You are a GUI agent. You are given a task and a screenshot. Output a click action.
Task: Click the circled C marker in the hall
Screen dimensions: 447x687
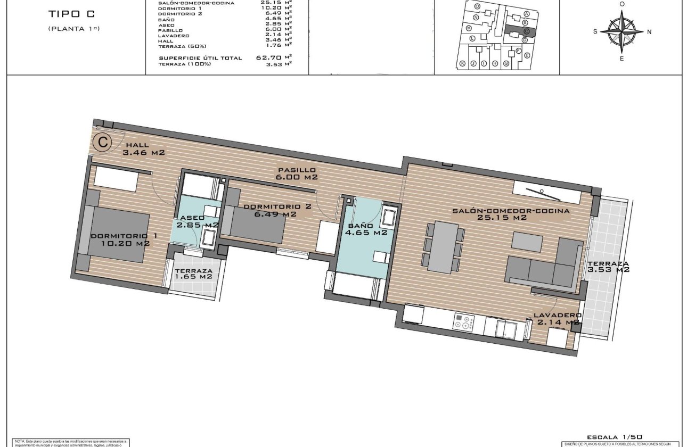coord(102,142)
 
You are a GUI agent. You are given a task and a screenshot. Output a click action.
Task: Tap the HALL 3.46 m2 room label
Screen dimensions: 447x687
coord(143,149)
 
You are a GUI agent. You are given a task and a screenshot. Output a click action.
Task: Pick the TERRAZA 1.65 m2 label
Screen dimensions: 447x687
coord(193,274)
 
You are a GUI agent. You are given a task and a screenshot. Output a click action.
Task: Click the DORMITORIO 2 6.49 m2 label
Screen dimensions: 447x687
coord(270,210)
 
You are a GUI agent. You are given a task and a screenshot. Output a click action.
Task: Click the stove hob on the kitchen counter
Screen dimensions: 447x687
coord(463,321)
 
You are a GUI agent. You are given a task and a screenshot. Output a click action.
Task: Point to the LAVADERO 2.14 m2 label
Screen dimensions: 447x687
coord(556,319)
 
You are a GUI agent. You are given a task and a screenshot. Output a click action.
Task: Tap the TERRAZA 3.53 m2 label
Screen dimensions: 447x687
coord(608,267)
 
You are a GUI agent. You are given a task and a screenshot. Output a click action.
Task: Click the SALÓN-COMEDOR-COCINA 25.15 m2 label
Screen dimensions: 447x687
coord(511,214)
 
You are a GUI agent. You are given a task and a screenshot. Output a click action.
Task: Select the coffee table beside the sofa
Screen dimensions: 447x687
coord(527,242)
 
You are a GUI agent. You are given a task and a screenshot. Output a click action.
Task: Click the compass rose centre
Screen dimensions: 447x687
coord(622,31)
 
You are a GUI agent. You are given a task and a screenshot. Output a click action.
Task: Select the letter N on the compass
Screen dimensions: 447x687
coord(649,31)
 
